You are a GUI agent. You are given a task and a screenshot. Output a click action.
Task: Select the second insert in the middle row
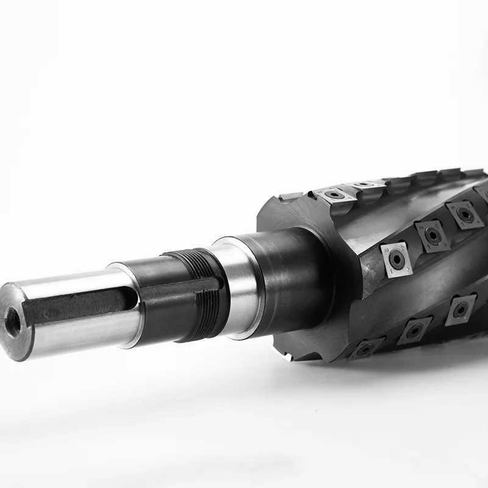tap(432, 235)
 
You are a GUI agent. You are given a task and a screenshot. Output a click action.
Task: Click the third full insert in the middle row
tap(464, 215)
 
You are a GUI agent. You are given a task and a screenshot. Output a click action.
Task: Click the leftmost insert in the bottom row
tap(366, 348)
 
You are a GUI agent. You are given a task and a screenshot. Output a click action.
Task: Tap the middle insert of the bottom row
tap(415, 330)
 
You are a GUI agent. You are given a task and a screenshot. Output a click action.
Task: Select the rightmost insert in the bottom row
tap(460, 308)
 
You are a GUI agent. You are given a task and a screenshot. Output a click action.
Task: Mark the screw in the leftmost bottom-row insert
tap(365, 349)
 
